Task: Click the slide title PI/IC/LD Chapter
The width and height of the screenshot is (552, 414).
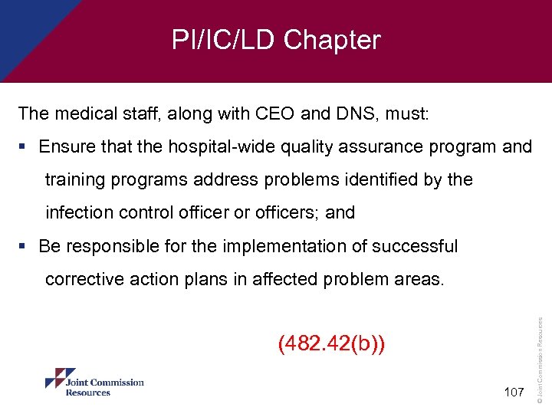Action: (x=276, y=40)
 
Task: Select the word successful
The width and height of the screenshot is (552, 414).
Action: (x=415, y=246)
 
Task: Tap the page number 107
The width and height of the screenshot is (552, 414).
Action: (x=514, y=393)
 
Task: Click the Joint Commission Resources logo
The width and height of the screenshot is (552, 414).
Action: (x=94, y=383)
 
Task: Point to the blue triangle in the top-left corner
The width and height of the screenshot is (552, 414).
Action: (x=27, y=23)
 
